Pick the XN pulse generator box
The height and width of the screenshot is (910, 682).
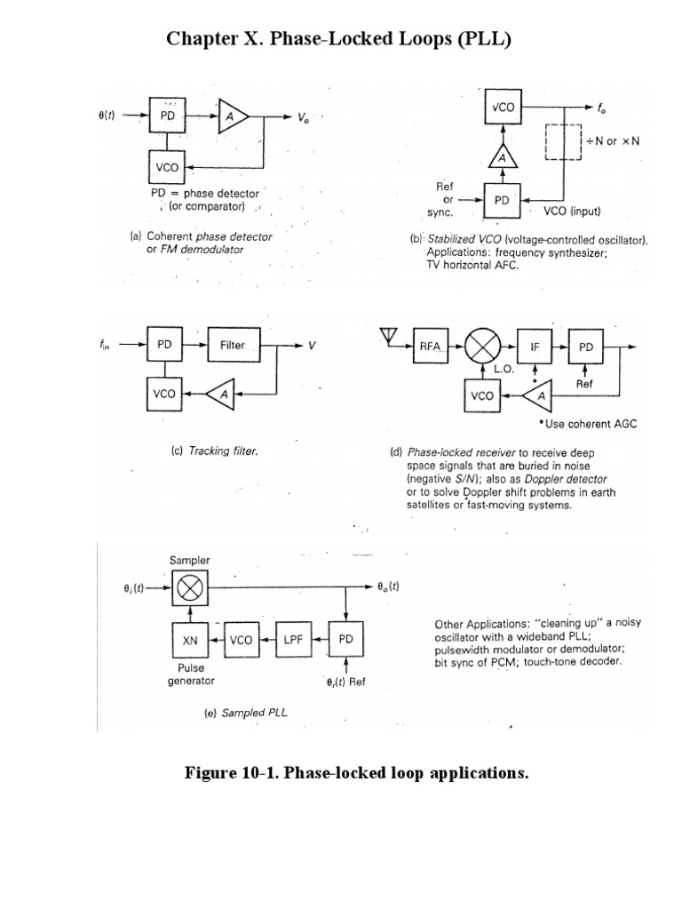[x=188, y=640]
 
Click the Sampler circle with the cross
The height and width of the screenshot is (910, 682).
[x=188, y=587]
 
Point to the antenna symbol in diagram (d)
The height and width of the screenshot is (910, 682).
[x=387, y=334]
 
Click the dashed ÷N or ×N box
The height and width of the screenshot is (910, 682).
[x=562, y=141]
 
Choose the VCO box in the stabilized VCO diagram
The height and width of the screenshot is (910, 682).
[x=503, y=108]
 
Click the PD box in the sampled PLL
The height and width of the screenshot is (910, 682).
[x=345, y=640]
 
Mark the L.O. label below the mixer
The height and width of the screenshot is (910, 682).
[x=504, y=367]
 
